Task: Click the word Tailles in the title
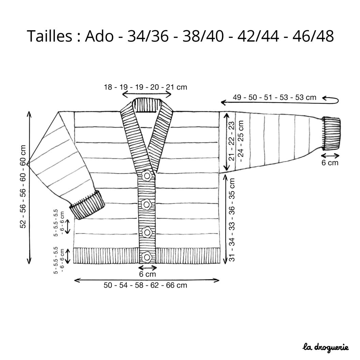[x=49, y=36]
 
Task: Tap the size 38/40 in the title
[x=203, y=36]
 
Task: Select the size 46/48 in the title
[x=313, y=36]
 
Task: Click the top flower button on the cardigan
[x=147, y=176]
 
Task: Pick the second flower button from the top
[x=146, y=204]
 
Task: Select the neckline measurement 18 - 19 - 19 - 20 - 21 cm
[x=146, y=87]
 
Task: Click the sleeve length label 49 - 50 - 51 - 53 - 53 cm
[x=274, y=97]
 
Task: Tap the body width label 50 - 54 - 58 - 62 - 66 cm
[x=146, y=285]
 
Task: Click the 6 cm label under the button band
[x=147, y=274]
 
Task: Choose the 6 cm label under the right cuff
[x=330, y=163]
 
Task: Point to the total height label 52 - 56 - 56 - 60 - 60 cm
[x=23, y=187]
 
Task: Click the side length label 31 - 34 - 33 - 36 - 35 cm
[x=232, y=220]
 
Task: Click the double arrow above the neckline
[x=147, y=94]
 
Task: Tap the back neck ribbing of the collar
[x=147, y=105]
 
